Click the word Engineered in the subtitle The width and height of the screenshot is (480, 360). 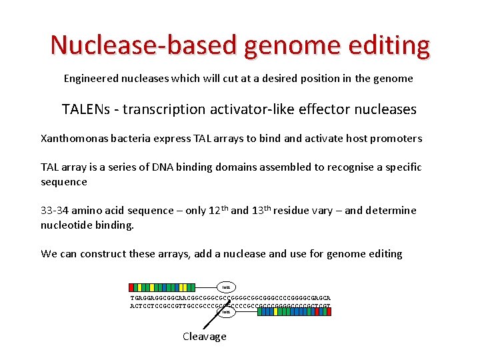click(x=91, y=79)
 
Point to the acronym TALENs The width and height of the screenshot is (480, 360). click(x=85, y=109)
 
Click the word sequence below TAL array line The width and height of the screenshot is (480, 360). click(x=64, y=182)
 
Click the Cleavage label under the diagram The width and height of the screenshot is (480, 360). click(x=204, y=337)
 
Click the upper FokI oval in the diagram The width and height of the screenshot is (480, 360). click(x=226, y=287)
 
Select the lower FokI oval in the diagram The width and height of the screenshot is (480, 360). click(x=226, y=311)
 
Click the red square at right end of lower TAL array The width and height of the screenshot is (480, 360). click(x=327, y=311)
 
